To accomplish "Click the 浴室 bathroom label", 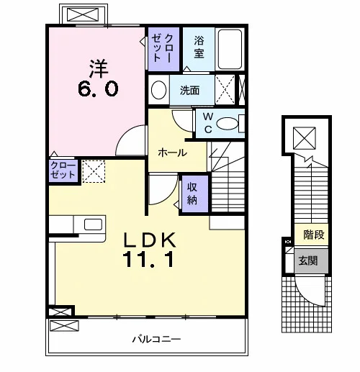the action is pyautogui.click(x=199, y=47).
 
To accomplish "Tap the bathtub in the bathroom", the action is pyautogui.click(x=230, y=49).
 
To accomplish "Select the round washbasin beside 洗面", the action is pyautogui.click(x=158, y=90).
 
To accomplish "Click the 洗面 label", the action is pyautogui.click(x=189, y=91).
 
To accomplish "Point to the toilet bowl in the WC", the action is pyautogui.click(x=228, y=124).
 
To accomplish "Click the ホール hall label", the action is pyautogui.click(x=172, y=153).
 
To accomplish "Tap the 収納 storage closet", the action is pyautogui.click(x=195, y=194).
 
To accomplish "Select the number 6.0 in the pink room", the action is pyautogui.click(x=98, y=89).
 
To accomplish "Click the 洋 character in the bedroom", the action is pyautogui.click(x=99, y=68).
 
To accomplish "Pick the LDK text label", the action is pyautogui.click(x=149, y=240).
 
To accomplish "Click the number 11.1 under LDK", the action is pyautogui.click(x=148, y=260).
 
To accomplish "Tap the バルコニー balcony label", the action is pyautogui.click(x=156, y=339).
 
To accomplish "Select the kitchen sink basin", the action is pyautogui.click(x=93, y=224).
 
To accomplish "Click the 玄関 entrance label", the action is pyautogui.click(x=308, y=260).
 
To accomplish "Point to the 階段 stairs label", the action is pyautogui.click(x=314, y=235).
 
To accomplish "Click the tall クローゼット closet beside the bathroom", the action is pyautogui.click(x=163, y=49).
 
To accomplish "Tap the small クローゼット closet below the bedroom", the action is pyautogui.click(x=63, y=171).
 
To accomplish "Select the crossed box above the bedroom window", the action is pyautogui.click(x=83, y=14).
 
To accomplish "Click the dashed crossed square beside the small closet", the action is pyautogui.click(x=94, y=171).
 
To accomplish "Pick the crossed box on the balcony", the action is pyautogui.click(x=64, y=326).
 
